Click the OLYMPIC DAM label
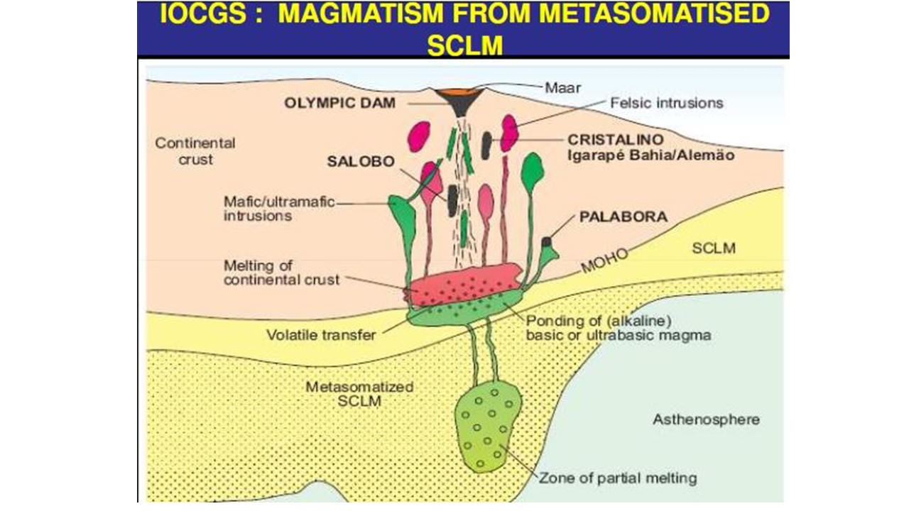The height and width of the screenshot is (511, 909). [x=339, y=103]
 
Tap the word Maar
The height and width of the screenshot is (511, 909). [x=562, y=87]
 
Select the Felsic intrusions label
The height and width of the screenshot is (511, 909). [x=667, y=103]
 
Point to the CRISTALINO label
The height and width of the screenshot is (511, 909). [x=616, y=140]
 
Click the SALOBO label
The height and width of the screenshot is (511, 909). [x=361, y=161]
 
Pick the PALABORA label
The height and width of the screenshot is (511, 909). [x=624, y=216]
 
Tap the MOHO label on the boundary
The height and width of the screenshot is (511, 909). [x=604, y=260]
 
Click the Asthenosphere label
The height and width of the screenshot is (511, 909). [x=706, y=419]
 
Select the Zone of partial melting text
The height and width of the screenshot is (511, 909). [x=618, y=478]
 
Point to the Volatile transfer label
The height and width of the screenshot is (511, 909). [x=321, y=336]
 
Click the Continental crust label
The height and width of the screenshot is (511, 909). [x=195, y=151]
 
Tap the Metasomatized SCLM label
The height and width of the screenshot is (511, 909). [x=359, y=394]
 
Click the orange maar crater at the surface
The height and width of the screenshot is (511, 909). [x=459, y=93]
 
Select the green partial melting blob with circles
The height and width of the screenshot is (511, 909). [x=488, y=426]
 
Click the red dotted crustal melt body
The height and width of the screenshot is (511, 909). [x=465, y=284]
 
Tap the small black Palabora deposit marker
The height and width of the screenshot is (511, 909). [x=547, y=242]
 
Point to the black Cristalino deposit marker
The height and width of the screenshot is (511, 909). [x=486, y=145]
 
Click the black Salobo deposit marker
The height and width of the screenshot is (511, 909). [x=452, y=201]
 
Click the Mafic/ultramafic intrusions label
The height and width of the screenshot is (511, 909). [x=279, y=209]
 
